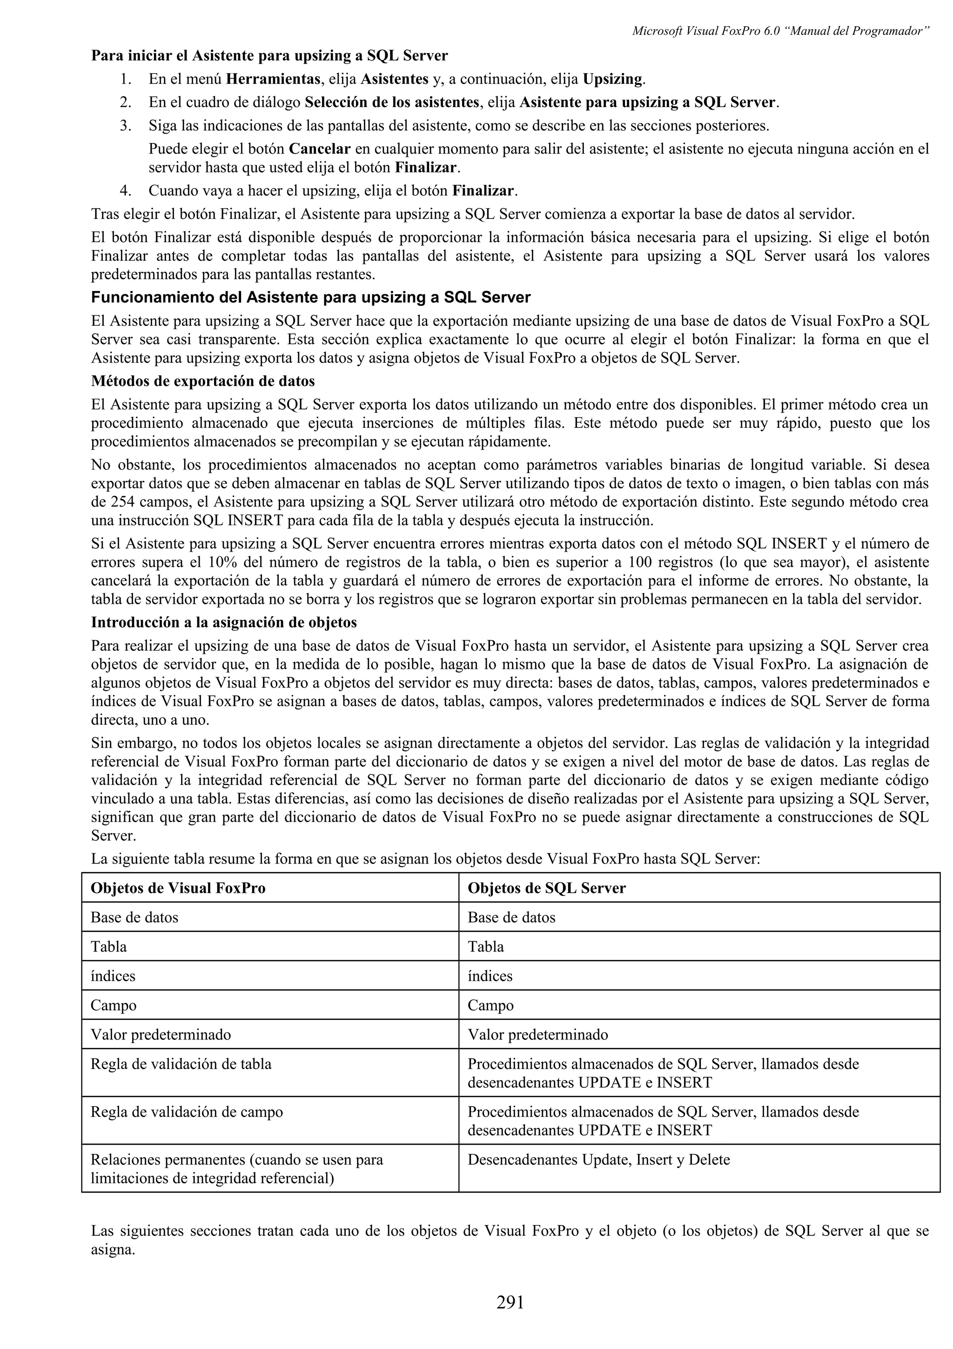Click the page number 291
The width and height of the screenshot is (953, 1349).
[x=510, y=1302]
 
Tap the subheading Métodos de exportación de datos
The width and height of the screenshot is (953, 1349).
[x=202, y=381]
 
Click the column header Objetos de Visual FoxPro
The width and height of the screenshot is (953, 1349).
[x=178, y=888]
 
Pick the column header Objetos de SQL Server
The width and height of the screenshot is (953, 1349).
[x=546, y=888]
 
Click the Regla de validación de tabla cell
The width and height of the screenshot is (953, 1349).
[x=181, y=1064]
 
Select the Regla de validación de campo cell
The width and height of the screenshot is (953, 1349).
[x=187, y=1112]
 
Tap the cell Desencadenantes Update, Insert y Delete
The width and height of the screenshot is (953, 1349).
[x=598, y=1160]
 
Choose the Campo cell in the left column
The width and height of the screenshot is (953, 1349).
[x=114, y=1005]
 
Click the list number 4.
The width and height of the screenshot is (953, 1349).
[x=125, y=191]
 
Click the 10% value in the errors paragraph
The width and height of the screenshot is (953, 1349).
[x=222, y=562]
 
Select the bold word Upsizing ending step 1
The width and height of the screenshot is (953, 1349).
[x=612, y=79]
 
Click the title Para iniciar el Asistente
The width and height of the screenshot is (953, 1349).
[x=269, y=56]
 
